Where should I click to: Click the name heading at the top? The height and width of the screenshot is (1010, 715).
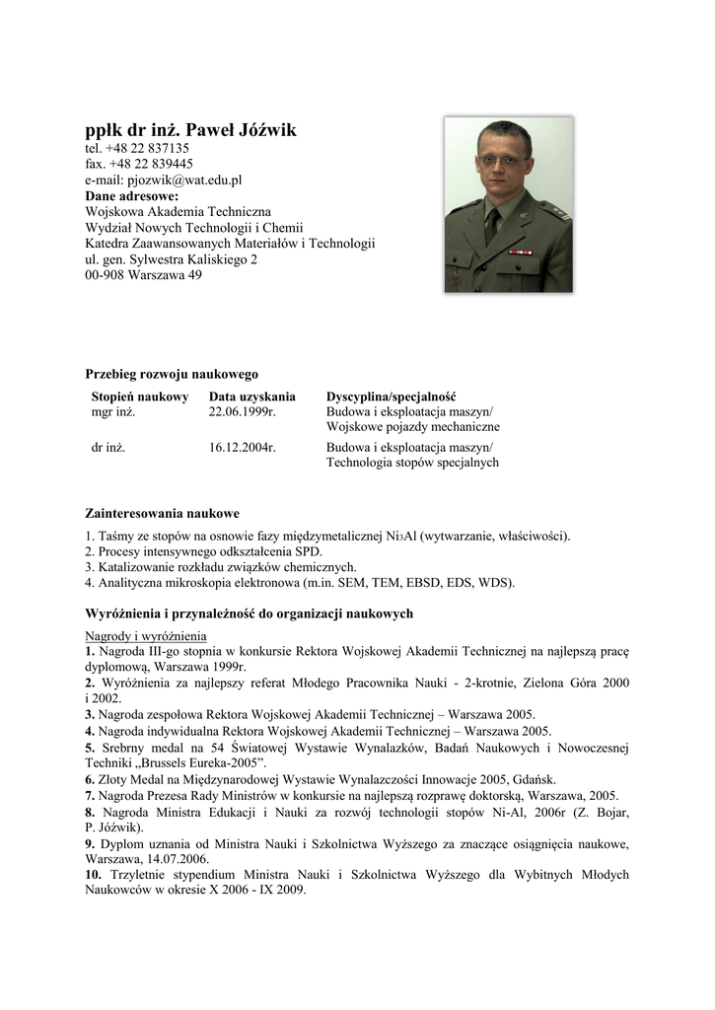click(x=190, y=130)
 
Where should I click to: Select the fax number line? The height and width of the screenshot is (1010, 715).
click(x=139, y=165)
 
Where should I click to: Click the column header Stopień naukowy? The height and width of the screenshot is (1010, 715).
click(x=139, y=397)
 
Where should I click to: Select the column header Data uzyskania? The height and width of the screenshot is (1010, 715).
click(x=251, y=397)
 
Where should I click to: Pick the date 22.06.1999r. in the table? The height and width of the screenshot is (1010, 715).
click(x=242, y=412)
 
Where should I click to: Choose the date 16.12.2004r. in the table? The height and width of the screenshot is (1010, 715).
click(x=242, y=447)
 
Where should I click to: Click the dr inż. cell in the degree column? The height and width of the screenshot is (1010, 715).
click(x=108, y=447)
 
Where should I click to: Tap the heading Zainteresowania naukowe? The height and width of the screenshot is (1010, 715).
click(x=163, y=514)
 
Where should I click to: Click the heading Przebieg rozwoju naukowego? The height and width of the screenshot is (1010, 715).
click(x=172, y=374)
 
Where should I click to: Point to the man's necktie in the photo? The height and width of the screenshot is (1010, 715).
click(x=492, y=224)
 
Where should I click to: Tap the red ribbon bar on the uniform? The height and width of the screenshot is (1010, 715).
click(x=519, y=252)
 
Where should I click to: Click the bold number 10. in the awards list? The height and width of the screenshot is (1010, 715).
click(x=93, y=875)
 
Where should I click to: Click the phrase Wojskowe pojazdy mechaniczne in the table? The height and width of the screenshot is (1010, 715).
click(x=412, y=427)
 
